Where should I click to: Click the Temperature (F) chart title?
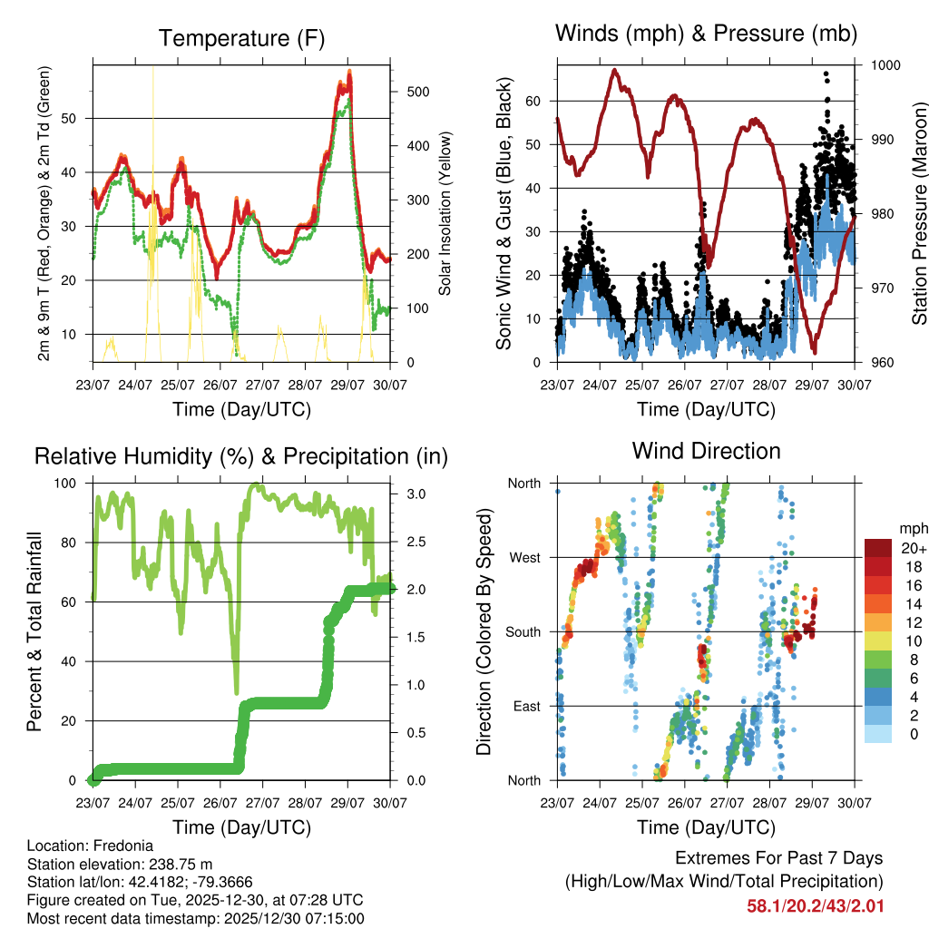click(x=241, y=38)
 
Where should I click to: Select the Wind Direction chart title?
click(x=706, y=450)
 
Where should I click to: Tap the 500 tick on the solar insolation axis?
click(x=416, y=92)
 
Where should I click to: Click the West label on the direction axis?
click(x=523, y=557)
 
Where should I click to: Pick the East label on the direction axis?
click(x=525, y=706)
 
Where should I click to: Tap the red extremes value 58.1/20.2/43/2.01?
click(x=815, y=905)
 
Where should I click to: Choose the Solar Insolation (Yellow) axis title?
click(x=445, y=214)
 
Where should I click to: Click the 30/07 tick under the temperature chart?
click(x=390, y=384)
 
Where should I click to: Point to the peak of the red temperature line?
click(x=349, y=72)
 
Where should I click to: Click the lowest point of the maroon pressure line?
click(x=815, y=352)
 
